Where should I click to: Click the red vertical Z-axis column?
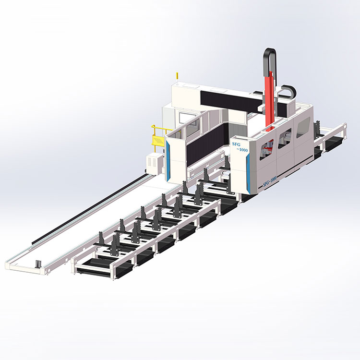pyautogui.click(x=270, y=101)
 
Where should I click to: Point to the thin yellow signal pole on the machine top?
pyautogui.click(x=177, y=78)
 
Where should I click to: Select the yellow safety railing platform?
pyautogui.click(x=158, y=138)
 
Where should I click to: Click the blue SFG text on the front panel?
pyautogui.click(x=236, y=144)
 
